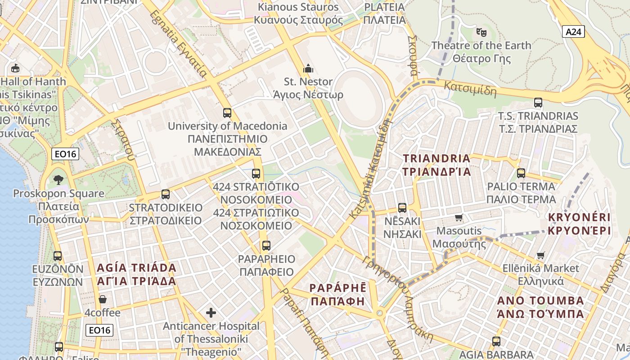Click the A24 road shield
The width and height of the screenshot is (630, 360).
tap(573, 31)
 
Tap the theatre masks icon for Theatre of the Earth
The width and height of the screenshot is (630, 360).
tap(481, 32)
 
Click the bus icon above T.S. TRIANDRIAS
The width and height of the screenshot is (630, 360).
tap(538, 103)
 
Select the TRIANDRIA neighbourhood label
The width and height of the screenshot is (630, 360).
tap(436, 165)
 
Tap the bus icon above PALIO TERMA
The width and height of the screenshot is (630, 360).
tap(521, 173)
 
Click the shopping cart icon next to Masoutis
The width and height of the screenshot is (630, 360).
tap(459, 218)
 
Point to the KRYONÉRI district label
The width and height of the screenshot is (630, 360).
tap(579, 224)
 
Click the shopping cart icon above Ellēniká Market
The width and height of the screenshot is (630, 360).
tap(540, 255)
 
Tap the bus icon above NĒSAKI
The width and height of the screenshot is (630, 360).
tap(402, 208)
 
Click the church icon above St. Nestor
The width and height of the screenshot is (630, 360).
tap(308, 68)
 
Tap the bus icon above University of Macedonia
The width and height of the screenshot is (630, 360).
tap(227, 113)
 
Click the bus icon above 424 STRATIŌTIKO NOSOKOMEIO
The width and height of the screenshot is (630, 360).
tap(256, 173)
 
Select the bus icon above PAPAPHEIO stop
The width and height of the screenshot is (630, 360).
tap(266, 246)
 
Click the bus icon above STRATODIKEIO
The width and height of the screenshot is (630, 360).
tap(166, 194)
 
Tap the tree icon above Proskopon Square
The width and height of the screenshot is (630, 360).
tap(58, 180)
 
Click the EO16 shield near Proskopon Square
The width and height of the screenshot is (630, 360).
tap(65, 154)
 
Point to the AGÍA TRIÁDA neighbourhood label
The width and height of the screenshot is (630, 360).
tap(137, 274)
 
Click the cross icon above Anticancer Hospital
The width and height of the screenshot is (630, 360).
tap(211, 312)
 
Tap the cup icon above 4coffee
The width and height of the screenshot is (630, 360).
tap(103, 299)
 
